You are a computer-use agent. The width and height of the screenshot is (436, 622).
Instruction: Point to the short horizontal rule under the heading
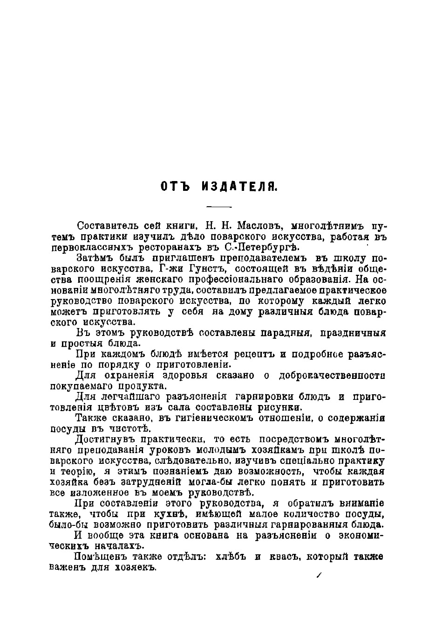[218, 207]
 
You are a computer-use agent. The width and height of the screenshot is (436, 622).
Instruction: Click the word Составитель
[106, 226]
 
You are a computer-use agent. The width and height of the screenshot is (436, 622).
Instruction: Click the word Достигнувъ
[104, 439]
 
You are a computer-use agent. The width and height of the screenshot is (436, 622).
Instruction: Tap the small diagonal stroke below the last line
[319, 577]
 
